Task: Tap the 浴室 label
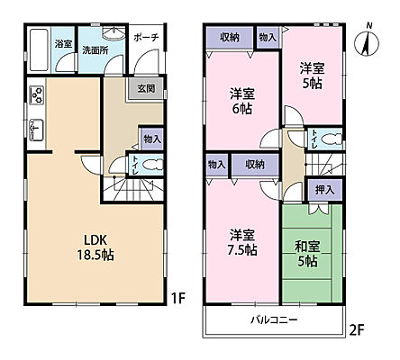62,43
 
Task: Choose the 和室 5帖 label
305,254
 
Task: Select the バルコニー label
275,320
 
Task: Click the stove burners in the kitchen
36,94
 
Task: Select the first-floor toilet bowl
154,165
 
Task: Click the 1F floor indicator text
179,294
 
